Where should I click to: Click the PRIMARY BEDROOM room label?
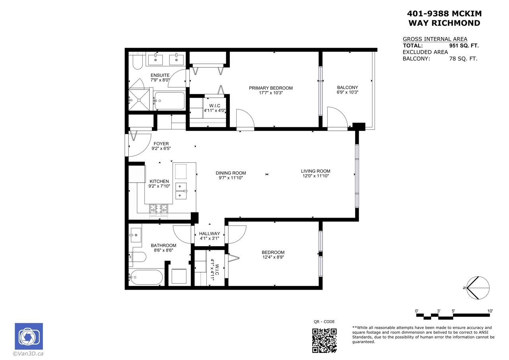coord(271,88)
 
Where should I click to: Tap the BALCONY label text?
coord(348,88)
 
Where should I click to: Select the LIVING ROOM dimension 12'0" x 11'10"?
coord(316,176)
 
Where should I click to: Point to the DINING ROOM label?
coord(231,173)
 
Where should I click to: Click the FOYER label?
coord(161,144)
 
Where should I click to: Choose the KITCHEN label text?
coord(159,181)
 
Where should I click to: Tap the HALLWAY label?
coord(210,234)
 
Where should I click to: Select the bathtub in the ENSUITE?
coord(169,101)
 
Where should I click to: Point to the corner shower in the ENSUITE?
coord(139,100)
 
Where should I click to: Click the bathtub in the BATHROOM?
coord(146,277)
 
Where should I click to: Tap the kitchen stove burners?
coord(158,210)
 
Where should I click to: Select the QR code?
coord(324,341)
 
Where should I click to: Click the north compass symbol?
coord(478,288)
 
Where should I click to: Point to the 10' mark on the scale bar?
coord(490,311)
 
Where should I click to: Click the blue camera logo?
coord(29,337)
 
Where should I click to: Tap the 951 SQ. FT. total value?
coord(464,46)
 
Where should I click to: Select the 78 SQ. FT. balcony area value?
coord(463,58)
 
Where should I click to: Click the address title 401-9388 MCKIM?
coord(444,14)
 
